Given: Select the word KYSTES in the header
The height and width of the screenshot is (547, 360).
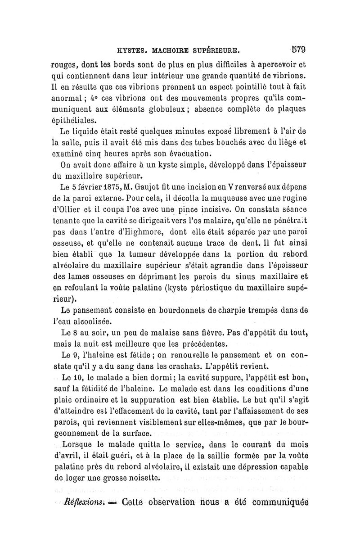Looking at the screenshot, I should [130, 49].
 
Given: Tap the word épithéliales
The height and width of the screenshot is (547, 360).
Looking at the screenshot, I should [73, 121].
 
